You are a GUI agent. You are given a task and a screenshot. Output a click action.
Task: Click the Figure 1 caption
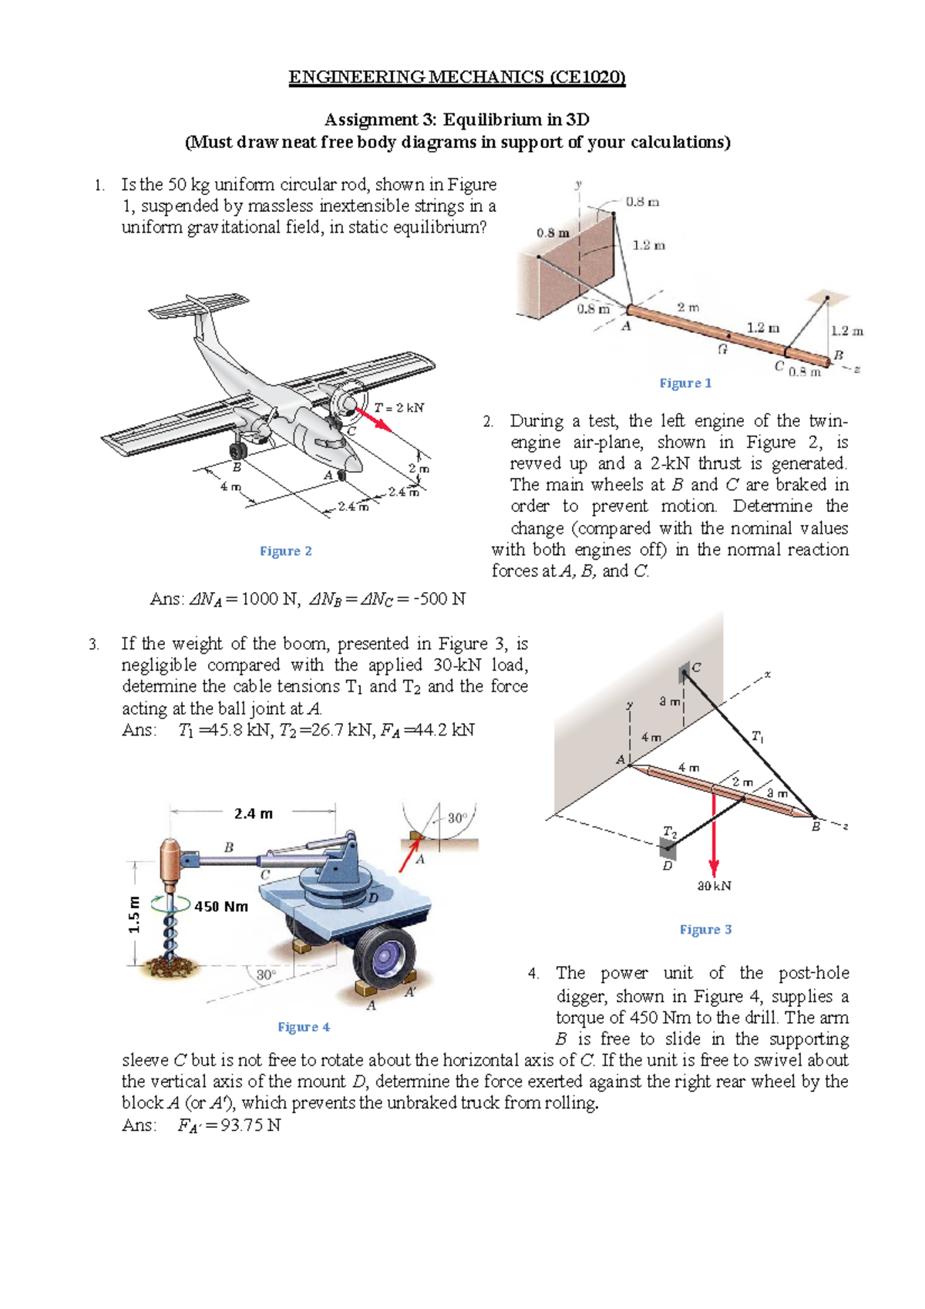(x=685, y=383)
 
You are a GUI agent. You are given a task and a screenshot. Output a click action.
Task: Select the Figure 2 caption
(x=285, y=551)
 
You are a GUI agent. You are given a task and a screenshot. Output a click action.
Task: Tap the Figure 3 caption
(x=705, y=930)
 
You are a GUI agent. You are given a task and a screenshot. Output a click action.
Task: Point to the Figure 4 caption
(x=304, y=1027)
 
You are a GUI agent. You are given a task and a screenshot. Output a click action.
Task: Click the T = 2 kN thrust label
(x=399, y=408)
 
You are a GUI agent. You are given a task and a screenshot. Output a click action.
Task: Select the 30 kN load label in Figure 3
(x=714, y=886)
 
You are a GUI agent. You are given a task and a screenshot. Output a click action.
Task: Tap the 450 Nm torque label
(x=221, y=907)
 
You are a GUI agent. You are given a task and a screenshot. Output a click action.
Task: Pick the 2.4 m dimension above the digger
(x=253, y=813)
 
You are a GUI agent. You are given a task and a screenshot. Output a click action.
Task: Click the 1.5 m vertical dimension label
(x=135, y=914)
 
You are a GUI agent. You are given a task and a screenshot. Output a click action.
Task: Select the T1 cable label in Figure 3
(x=758, y=737)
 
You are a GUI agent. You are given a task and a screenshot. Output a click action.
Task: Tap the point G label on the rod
(x=722, y=349)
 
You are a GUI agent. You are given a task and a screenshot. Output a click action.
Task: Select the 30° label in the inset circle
(x=458, y=818)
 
